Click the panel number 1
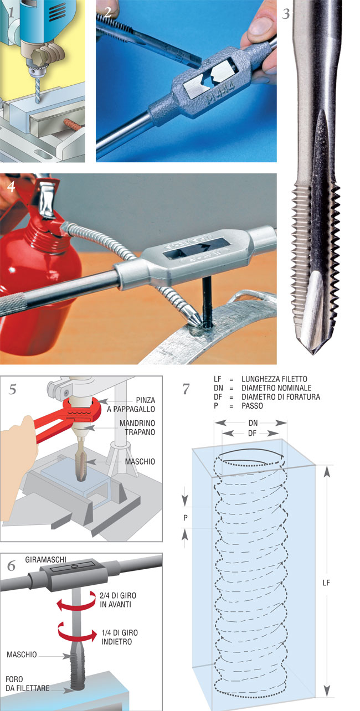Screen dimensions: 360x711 point(12,12)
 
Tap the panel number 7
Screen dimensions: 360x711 point(186,389)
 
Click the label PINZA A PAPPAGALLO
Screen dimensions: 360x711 point(131,405)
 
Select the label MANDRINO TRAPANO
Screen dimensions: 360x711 point(137,427)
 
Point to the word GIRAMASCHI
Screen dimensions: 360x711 point(46,559)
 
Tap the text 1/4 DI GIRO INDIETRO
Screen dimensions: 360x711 point(120,637)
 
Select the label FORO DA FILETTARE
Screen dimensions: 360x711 point(28,684)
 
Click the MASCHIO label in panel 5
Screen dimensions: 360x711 point(140,461)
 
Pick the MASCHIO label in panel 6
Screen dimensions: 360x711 point(22,655)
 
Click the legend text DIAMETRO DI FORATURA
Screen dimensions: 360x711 point(281,397)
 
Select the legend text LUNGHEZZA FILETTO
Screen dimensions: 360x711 point(274,379)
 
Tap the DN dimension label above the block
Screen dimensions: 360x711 point(253,423)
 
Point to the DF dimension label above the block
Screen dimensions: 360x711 point(252,433)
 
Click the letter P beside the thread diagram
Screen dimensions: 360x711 point(186,518)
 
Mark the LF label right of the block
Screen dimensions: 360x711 point(326,583)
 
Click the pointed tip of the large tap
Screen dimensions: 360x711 point(313,353)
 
